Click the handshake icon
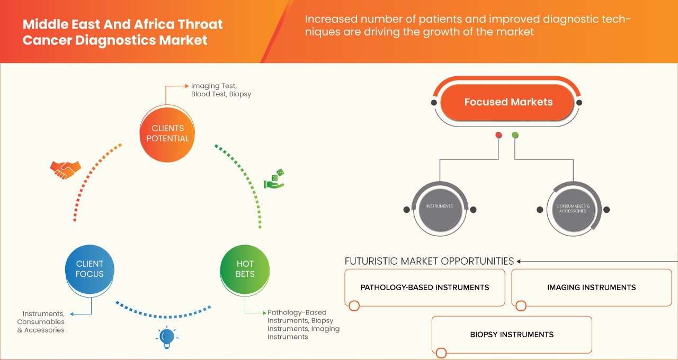[65, 169]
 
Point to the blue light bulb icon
[167, 337]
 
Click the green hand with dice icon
[274, 179]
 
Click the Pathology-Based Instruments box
[424, 287]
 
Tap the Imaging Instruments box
[591, 287]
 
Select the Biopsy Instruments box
[512, 335]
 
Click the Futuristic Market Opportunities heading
[429, 261]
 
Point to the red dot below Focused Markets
[498, 135]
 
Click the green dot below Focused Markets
[515, 135]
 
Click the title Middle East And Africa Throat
[122, 24]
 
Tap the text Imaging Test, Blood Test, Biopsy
[221, 90]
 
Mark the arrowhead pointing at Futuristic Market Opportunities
[519, 261]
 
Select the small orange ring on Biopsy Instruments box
[441, 353]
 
